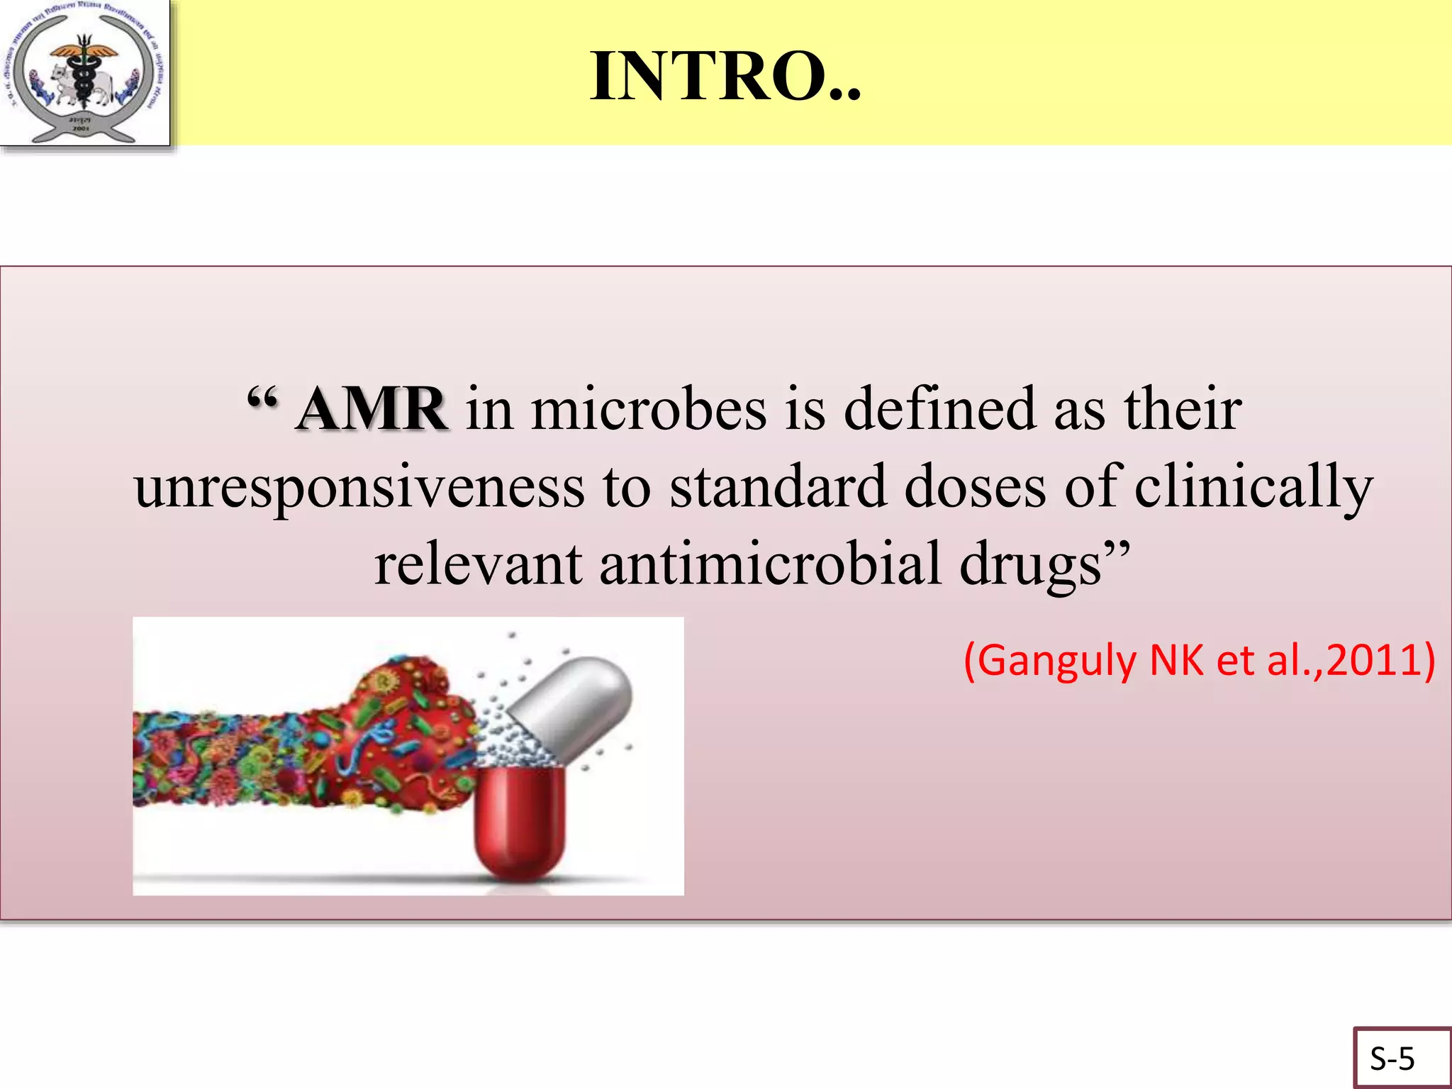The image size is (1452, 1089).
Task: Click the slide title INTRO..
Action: pyautogui.click(x=725, y=77)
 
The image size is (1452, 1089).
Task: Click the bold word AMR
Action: pyautogui.click(x=372, y=409)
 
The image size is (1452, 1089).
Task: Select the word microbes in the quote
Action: pyautogui.click(x=649, y=409)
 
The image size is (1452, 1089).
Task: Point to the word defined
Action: pyautogui.click(x=939, y=409)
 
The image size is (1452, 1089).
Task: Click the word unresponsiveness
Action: pyautogui.click(x=359, y=488)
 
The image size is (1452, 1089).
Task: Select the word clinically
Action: pyautogui.click(x=1253, y=488)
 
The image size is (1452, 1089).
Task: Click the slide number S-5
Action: pyautogui.click(x=1392, y=1059)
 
